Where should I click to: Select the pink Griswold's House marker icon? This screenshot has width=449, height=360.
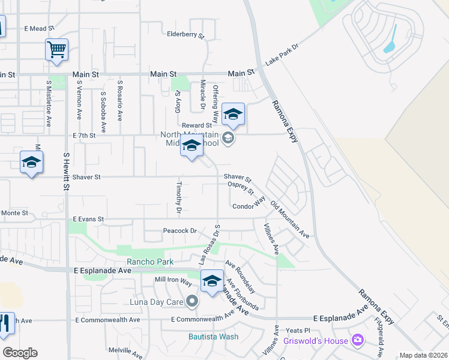[358, 341]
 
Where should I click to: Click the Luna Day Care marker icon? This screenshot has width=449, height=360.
[192, 301]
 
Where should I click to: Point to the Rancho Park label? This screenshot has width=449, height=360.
[149, 262]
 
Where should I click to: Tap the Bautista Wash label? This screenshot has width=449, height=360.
[213, 337]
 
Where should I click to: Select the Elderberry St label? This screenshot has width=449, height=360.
[185, 35]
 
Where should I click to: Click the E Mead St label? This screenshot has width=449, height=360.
[40, 28]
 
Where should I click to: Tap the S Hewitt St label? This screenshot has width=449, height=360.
[66, 170]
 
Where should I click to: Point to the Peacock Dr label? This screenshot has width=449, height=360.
[180, 230]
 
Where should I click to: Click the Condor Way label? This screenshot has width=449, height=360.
[249, 207]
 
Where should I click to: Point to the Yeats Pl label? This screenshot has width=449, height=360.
[298, 330]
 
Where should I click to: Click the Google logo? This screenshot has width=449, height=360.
[20, 353]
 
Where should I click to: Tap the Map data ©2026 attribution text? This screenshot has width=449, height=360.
[423, 355]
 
